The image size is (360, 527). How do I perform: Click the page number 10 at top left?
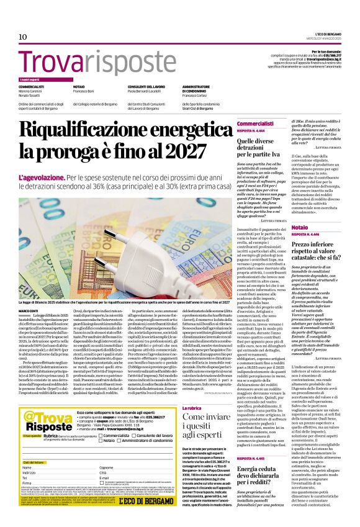(x=22, y=37)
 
